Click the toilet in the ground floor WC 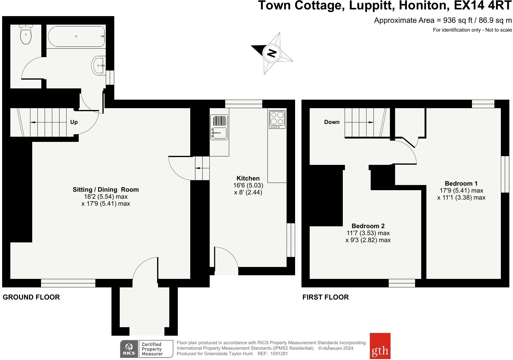click(26, 35)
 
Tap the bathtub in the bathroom click(76, 36)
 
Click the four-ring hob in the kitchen click(277, 119)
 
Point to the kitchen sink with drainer click(219, 127)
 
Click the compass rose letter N click(271, 53)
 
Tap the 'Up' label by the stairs click(74, 122)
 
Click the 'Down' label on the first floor click(332, 122)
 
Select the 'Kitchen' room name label click(248, 178)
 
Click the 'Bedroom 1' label click(461, 183)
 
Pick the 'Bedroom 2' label click(368, 226)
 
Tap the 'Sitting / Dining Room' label click(105, 190)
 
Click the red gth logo click(380, 346)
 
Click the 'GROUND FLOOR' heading click(31, 297)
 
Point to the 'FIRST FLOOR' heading click(325, 297)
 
